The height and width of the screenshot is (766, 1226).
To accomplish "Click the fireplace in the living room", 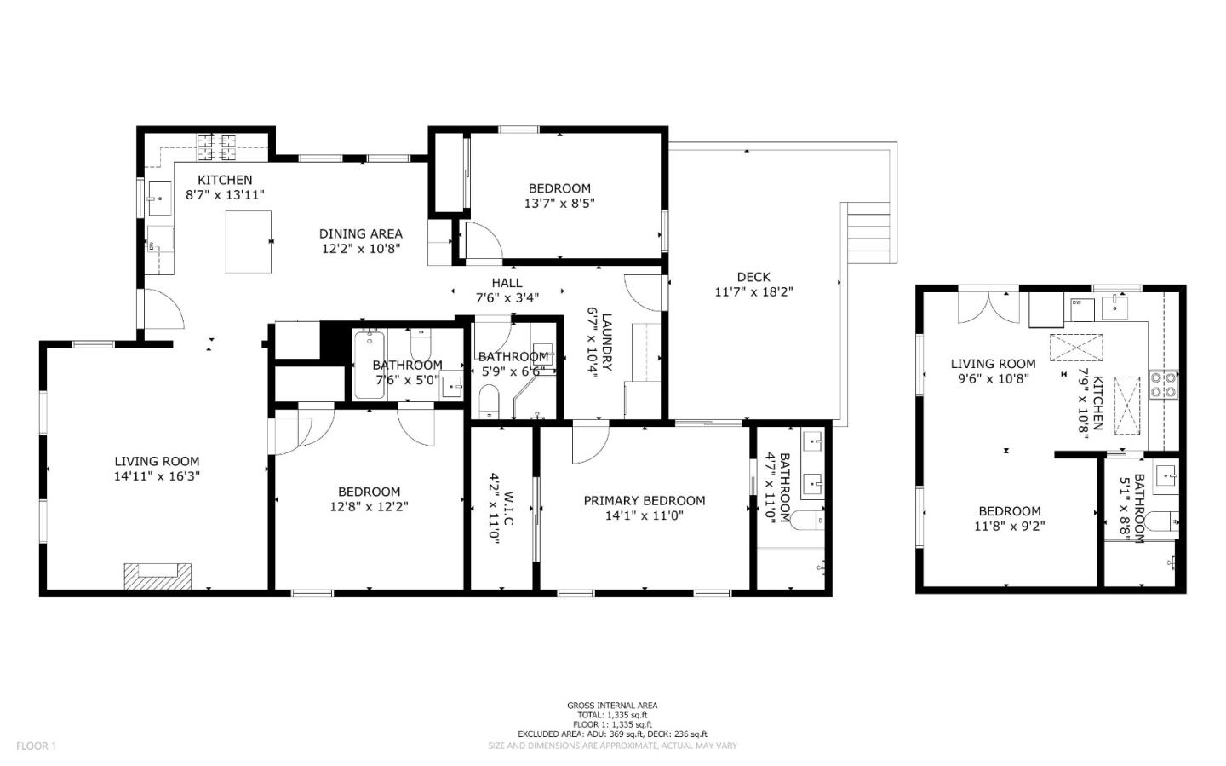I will point(158,576).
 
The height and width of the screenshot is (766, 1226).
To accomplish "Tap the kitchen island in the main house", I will point(249,242).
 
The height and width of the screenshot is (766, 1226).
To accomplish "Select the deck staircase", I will point(869,233).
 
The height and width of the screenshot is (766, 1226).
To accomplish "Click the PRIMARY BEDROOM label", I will point(644,501).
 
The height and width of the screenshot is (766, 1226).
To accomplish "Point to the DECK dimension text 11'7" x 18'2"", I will point(753,291).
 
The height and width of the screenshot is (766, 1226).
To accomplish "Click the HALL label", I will point(507,283).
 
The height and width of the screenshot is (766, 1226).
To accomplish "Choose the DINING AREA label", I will point(360,233).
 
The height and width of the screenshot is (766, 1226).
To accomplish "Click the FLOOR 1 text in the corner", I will point(36,746).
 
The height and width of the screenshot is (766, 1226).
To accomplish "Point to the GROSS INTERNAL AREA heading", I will point(612,706).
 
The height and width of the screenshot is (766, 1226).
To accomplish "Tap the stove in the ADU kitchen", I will point(1164,384).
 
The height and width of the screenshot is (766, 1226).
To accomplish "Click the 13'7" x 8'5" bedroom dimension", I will point(559,204).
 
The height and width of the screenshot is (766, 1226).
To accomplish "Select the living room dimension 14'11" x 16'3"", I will point(157,476).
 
